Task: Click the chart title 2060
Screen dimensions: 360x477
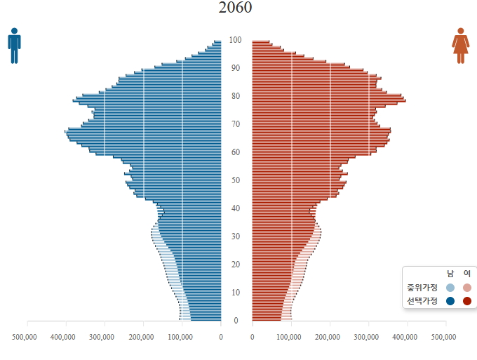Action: click(236, 8)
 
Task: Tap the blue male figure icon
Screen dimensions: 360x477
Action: click(14, 46)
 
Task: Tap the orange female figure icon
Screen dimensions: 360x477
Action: click(460, 46)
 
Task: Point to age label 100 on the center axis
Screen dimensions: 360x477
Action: click(236, 40)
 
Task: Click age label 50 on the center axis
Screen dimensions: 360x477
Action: click(236, 180)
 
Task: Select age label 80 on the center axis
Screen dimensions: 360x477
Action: click(236, 96)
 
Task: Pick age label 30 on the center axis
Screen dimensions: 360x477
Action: click(236, 236)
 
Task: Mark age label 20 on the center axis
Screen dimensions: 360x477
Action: click(236, 265)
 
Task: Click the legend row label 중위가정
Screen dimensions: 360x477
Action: click(422, 287)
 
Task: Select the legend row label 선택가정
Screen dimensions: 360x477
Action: click(422, 300)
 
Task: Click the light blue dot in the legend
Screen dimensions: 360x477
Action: click(450, 288)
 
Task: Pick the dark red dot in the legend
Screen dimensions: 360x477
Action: click(467, 301)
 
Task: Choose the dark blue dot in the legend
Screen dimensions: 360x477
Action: click(450, 301)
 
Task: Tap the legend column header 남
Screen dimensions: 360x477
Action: click(450, 274)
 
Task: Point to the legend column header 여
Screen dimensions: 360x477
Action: click(467, 274)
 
